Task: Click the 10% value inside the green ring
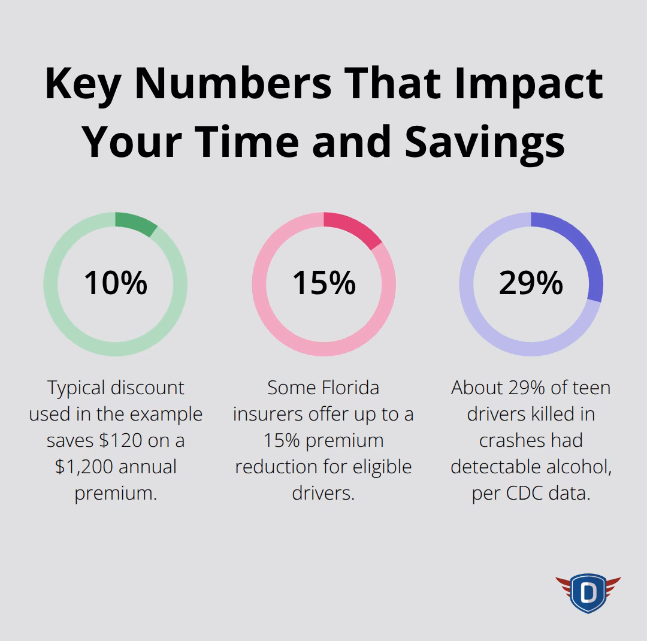115,283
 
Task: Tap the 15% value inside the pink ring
323,283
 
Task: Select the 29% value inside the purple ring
531,283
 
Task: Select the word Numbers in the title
233,83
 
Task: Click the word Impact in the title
528,83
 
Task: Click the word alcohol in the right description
576,467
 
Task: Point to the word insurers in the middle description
268,414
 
